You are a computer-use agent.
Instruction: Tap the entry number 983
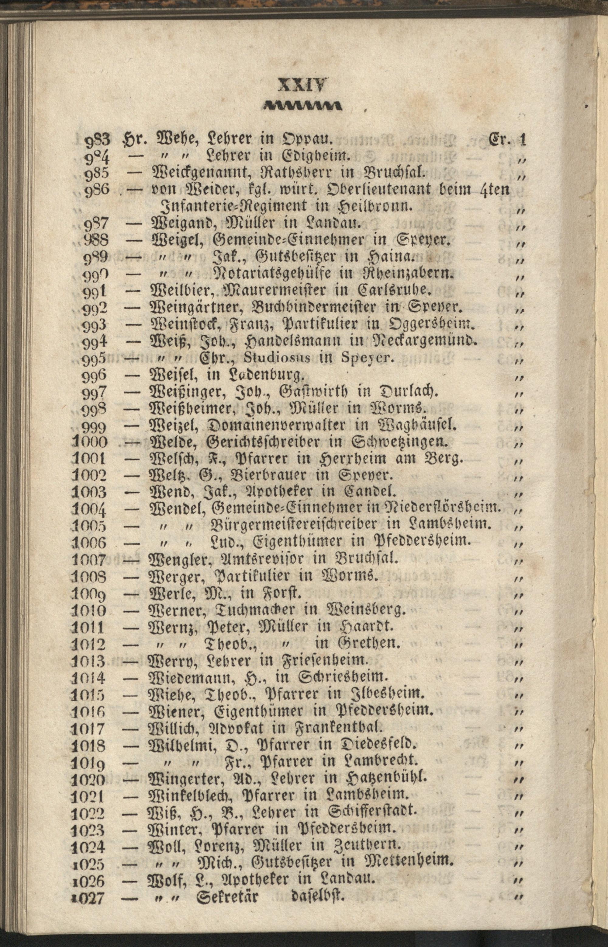[x=96, y=140]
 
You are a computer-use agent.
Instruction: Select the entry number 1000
[x=90, y=442]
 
